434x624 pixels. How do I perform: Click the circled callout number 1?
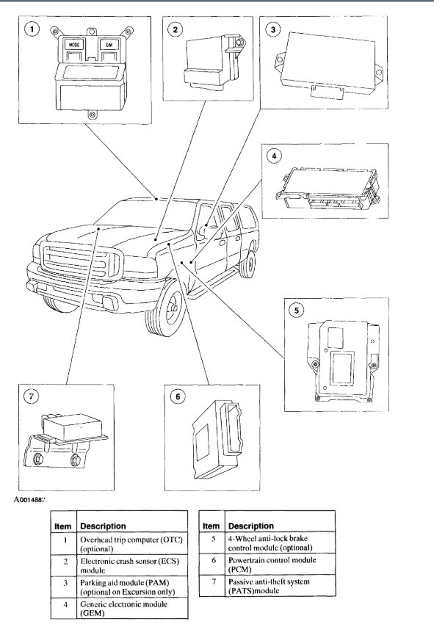32,29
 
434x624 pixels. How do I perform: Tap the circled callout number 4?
274,156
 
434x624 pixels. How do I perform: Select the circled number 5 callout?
297,310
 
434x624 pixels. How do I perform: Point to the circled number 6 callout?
178,396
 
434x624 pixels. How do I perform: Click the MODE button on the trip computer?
74,45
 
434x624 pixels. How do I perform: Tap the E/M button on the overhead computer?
109,45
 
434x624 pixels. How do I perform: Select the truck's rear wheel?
249,264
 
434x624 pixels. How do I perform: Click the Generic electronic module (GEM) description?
124,609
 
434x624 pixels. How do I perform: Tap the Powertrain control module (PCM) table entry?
272,565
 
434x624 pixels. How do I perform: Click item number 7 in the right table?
214,581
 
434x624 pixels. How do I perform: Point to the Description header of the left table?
103,526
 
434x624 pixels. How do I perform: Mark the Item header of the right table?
211,526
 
